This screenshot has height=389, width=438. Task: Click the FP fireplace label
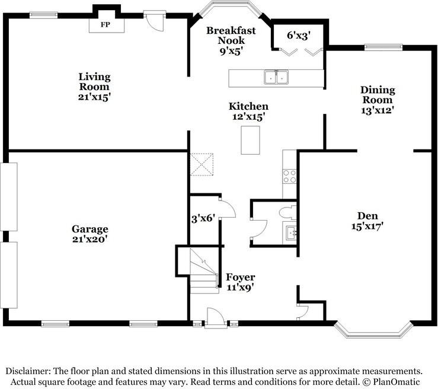[x=105, y=25]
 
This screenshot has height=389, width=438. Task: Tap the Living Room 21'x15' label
[x=95, y=86]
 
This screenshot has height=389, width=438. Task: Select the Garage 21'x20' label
[x=90, y=234]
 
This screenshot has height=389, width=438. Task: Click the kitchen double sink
[x=276, y=77]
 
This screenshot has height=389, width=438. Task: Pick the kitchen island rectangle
[x=251, y=141]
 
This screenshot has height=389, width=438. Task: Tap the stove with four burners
[x=290, y=176]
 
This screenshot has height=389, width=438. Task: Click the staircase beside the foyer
[x=203, y=270]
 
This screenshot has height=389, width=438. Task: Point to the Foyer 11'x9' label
[x=241, y=282]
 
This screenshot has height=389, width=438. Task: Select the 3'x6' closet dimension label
[x=202, y=218]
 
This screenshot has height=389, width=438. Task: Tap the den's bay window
[x=372, y=330]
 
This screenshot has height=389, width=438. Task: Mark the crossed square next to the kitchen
[x=202, y=164]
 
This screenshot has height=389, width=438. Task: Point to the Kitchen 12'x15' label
[x=249, y=111]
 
